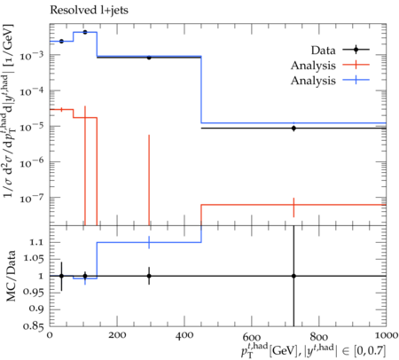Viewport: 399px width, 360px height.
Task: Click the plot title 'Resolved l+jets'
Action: (89, 11)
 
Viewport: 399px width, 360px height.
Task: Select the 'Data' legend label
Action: (323, 51)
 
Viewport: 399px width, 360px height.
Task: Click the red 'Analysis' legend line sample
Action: (356, 64)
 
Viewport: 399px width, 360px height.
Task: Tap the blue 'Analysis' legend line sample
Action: (356, 80)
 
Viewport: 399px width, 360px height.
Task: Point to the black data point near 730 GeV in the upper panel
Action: (293, 129)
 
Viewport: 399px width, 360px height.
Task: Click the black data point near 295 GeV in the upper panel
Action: (149, 58)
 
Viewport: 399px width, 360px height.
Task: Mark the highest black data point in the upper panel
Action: (85, 32)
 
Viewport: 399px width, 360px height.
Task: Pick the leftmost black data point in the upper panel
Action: (61, 42)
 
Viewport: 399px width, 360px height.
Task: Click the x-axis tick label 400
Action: (184, 335)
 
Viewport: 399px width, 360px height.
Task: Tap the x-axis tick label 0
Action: (50, 335)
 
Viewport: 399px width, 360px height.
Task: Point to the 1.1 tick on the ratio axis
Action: (35, 242)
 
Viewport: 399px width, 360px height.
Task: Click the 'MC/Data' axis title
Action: (11, 276)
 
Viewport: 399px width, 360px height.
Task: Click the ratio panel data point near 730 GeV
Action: (293, 276)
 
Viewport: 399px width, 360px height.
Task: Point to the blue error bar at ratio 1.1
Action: (149, 242)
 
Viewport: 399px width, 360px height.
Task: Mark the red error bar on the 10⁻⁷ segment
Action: (293, 207)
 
